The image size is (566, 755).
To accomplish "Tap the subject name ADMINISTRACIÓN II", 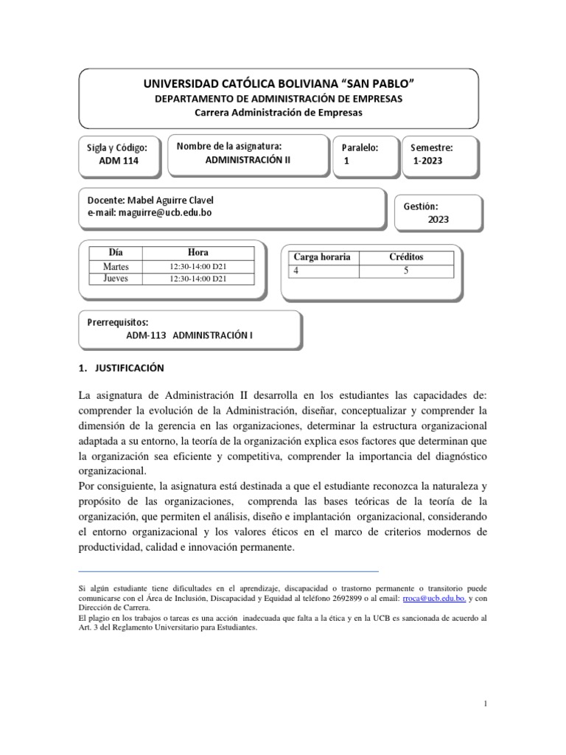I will point(242,161).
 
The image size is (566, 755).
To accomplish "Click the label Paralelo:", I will point(360,147).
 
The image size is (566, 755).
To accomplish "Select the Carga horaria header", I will point(321,257).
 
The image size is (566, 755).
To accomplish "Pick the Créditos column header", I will point(406,257).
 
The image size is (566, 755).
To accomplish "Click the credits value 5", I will point(406,271).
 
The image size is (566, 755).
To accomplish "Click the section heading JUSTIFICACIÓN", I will point(127,367).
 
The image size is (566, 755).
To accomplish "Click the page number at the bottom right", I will point(487,705).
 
